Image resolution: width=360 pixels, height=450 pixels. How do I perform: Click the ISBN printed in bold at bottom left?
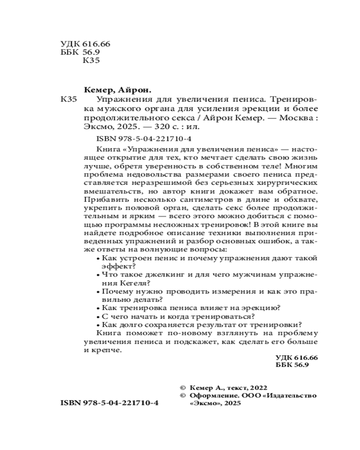[x=109, y=404]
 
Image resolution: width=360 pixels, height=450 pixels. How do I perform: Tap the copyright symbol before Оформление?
[x=182, y=396]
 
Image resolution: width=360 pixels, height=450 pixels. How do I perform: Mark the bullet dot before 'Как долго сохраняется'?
[x=99, y=324]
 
